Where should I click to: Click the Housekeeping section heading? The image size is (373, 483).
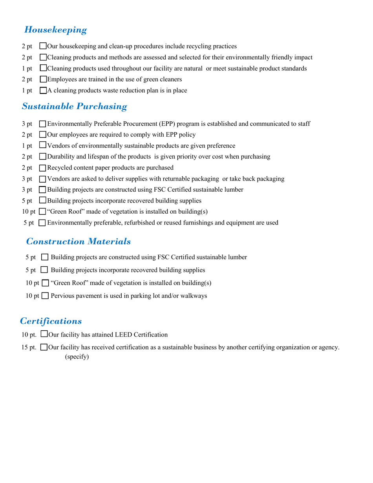point(55,30)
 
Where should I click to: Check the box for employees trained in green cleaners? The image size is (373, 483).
point(43,79)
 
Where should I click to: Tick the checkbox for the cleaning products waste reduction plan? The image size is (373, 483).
point(43,91)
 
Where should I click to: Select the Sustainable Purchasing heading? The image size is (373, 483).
point(74,106)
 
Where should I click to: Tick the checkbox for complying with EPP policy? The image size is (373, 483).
point(43,135)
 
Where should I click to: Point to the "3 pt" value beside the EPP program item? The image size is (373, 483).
point(27,124)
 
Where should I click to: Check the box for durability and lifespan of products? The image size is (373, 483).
point(43,157)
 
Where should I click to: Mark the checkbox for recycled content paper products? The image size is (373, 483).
point(43,168)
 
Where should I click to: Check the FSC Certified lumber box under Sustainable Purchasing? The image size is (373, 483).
point(43,190)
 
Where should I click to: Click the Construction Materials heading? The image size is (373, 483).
point(79,241)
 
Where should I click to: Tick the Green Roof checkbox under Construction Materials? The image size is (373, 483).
point(45,283)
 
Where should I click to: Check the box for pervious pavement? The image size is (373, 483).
point(45,296)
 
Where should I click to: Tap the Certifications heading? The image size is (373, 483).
point(51,321)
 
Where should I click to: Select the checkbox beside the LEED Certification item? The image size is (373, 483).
point(44,335)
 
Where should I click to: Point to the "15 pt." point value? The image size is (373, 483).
point(29,347)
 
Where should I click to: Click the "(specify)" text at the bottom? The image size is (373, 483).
point(77,357)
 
